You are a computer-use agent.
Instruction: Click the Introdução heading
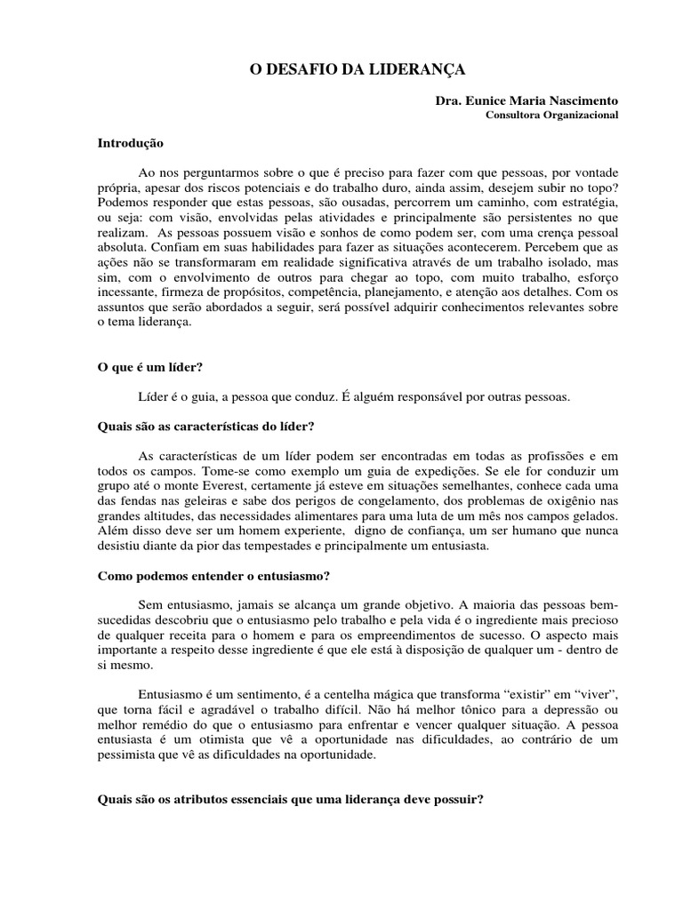click(131, 142)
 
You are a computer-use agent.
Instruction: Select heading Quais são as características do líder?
click(206, 426)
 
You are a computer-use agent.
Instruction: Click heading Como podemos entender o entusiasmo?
click(213, 575)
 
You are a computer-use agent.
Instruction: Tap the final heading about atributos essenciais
click(290, 799)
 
